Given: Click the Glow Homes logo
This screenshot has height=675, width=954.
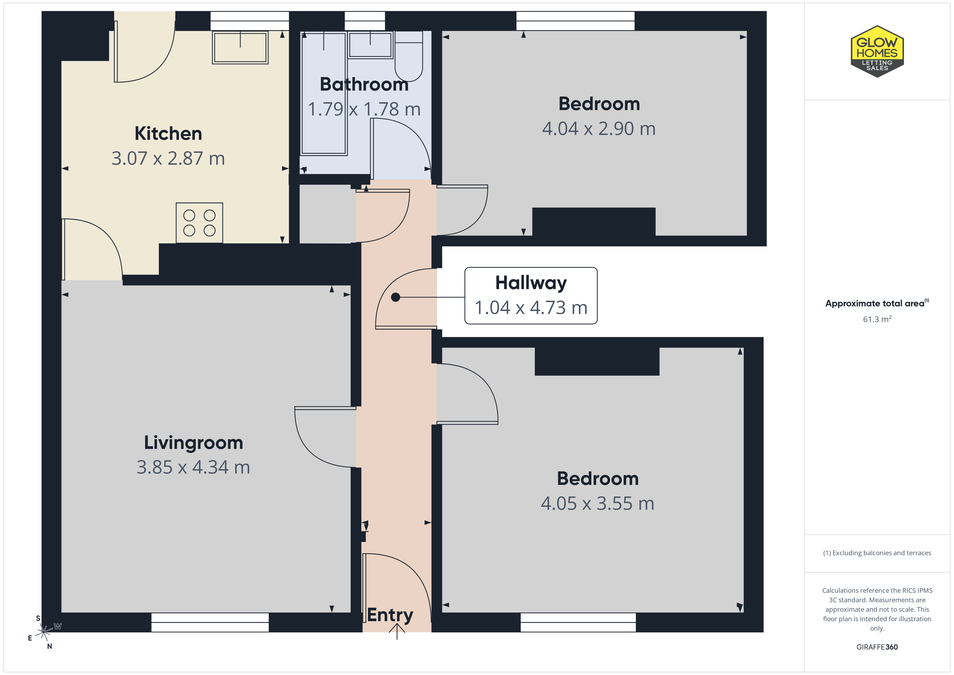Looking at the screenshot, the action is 877,52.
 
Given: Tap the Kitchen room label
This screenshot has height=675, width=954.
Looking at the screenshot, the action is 168,133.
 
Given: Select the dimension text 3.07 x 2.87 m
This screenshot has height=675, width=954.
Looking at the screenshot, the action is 168,158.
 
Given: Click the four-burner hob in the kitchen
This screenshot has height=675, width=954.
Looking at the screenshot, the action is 200,223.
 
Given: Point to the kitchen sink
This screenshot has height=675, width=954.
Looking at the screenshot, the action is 240,47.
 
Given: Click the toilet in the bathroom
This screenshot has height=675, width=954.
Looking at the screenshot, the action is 409,56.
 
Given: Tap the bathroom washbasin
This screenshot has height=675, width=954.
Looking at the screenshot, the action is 370,45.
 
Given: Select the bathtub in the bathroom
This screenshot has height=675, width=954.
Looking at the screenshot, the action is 324,93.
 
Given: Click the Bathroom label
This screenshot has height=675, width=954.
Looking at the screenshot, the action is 364,84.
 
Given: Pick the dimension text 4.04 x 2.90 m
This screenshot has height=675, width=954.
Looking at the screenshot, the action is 599,129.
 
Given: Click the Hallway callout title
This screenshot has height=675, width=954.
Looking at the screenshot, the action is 531,283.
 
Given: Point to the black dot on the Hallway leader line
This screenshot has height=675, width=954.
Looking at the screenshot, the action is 396,297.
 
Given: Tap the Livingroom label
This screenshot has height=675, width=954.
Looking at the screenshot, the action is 194,443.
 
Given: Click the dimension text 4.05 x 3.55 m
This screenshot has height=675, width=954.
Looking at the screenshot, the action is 598,504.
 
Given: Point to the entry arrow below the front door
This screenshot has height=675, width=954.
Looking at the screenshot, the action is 397,631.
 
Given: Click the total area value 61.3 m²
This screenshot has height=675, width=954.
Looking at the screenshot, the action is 877,319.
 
